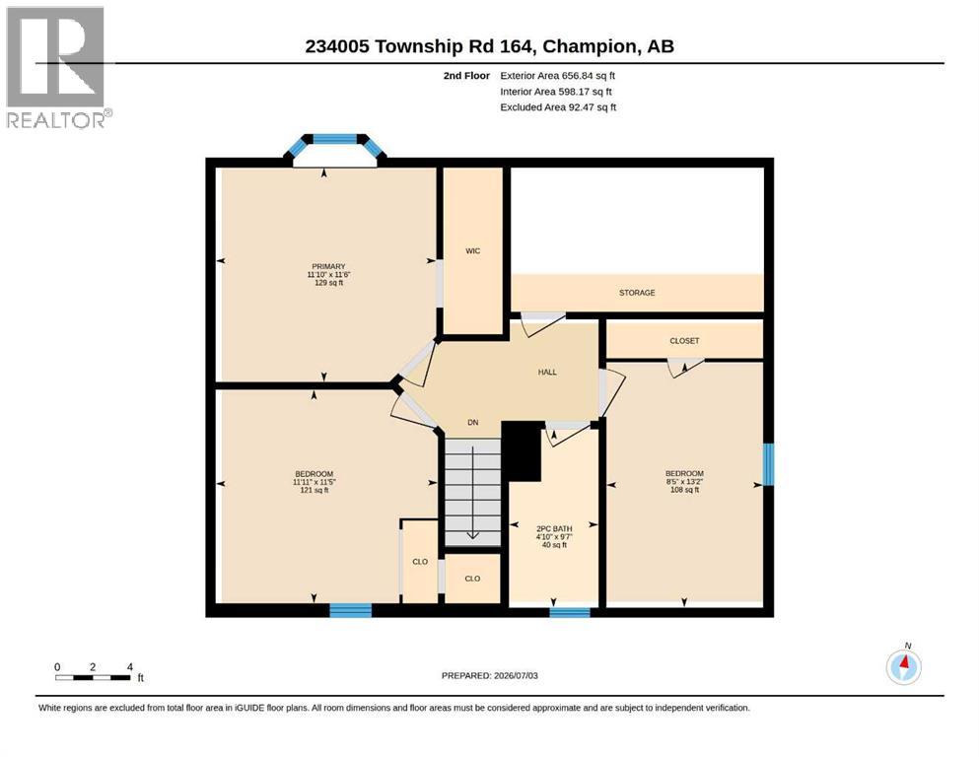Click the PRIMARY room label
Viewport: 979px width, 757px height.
328,266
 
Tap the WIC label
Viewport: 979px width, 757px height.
472,251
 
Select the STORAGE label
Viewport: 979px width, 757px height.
637,292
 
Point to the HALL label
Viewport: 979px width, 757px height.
547,372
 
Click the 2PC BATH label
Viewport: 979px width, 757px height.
554,528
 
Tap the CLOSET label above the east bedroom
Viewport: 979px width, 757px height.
684,341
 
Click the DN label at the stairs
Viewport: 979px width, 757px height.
472,423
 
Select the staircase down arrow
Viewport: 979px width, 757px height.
472,493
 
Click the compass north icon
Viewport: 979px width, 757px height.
903,666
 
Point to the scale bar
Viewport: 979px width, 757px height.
94,677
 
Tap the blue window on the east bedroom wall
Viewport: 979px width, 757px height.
769,464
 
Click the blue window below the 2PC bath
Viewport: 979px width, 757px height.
570,612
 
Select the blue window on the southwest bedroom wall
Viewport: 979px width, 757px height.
350,610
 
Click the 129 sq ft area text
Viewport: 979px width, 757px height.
328,283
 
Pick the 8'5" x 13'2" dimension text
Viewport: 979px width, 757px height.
684,482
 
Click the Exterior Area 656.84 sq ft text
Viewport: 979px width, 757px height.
558,76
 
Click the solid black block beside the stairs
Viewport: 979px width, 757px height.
522,450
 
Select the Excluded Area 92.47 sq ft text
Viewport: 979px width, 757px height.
558,106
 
